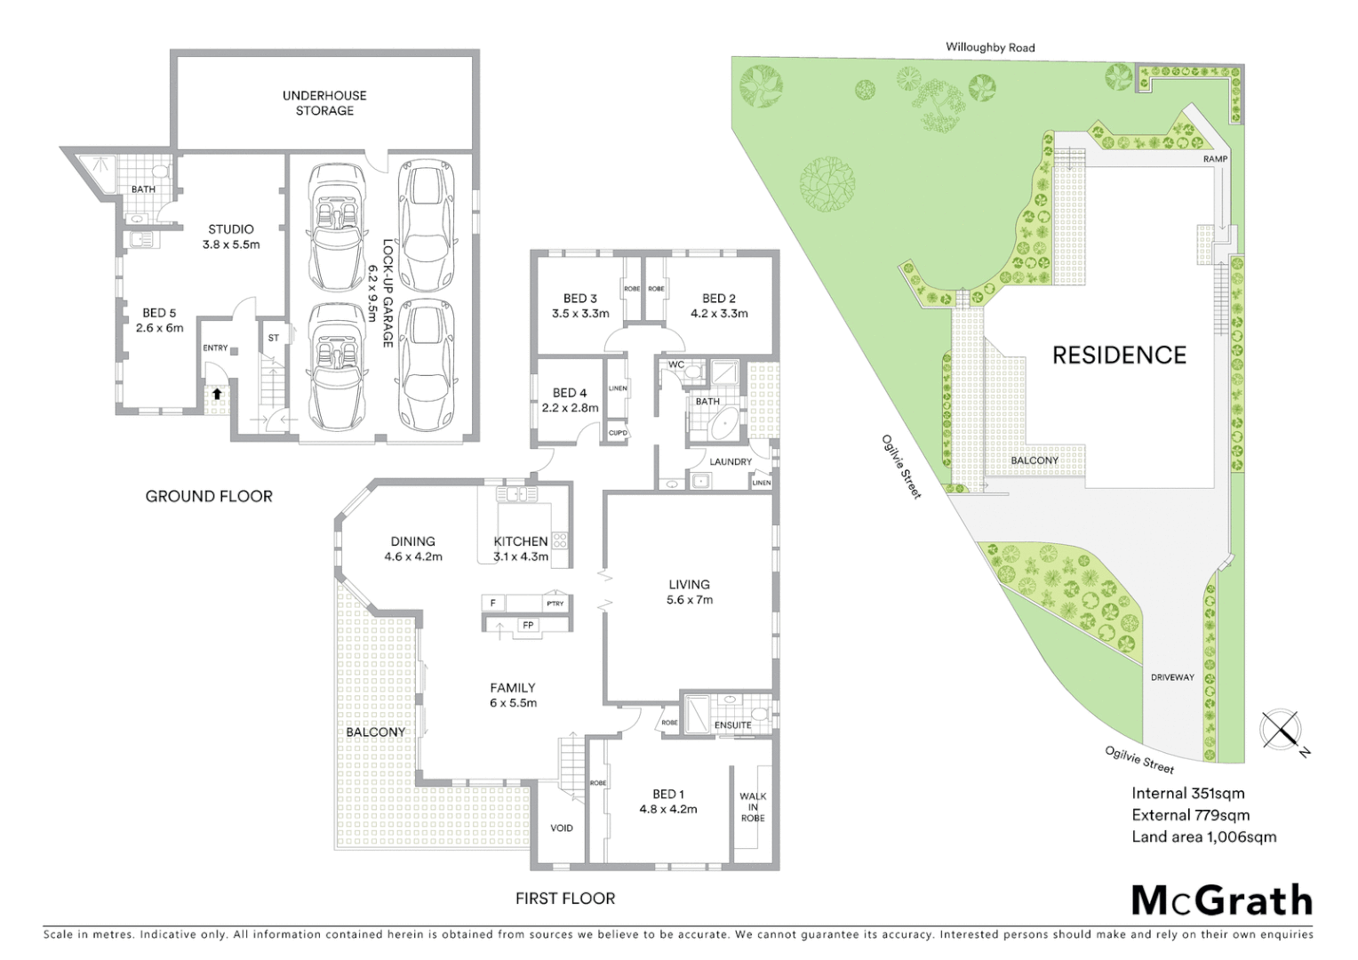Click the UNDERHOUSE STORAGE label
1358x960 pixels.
[x=324, y=103]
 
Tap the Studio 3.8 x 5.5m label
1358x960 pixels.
[x=231, y=236]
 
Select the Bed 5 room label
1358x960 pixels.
[x=159, y=320]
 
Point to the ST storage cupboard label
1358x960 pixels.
[x=273, y=338]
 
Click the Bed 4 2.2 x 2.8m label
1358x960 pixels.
[x=570, y=400]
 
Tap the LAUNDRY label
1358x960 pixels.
[x=731, y=461]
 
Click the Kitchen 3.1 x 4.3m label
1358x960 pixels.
[x=521, y=548]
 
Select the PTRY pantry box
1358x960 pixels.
[x=555, y=604]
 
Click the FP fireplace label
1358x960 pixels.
[x=528, y=626]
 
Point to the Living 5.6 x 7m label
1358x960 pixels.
[x=689, y=592]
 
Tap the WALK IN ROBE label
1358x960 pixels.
[x=752, y=807]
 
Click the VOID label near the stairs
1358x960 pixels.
[x=562, y=828]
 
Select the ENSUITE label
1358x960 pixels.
[x=733, y=725]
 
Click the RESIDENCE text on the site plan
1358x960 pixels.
[x=1119, y=356]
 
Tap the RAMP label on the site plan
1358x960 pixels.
[x=1215, y=159]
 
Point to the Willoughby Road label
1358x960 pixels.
[x=990, y=48]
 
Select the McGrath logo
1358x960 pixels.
[x=1221, y=900]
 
